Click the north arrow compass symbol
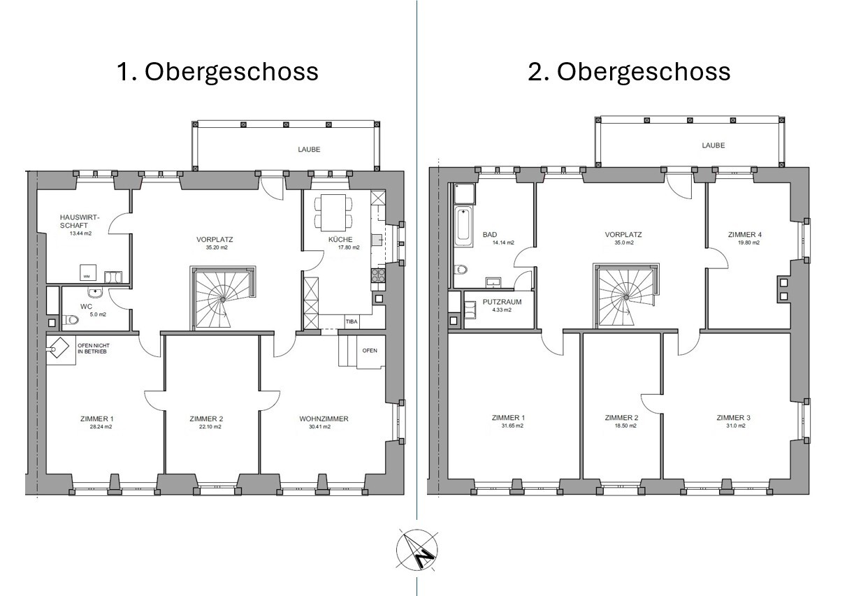[x=417, y=548]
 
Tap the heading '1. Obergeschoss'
[x=217, y=72]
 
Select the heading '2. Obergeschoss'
[x=629, y=72]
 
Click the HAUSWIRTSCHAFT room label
[x=80, y=221]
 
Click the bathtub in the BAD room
[x=463, y=226]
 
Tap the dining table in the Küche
[x=333, y=212]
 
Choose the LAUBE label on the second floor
[x=713, y=145]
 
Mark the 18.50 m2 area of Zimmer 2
[x=621, y=426]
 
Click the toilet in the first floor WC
[x=71, y=321]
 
